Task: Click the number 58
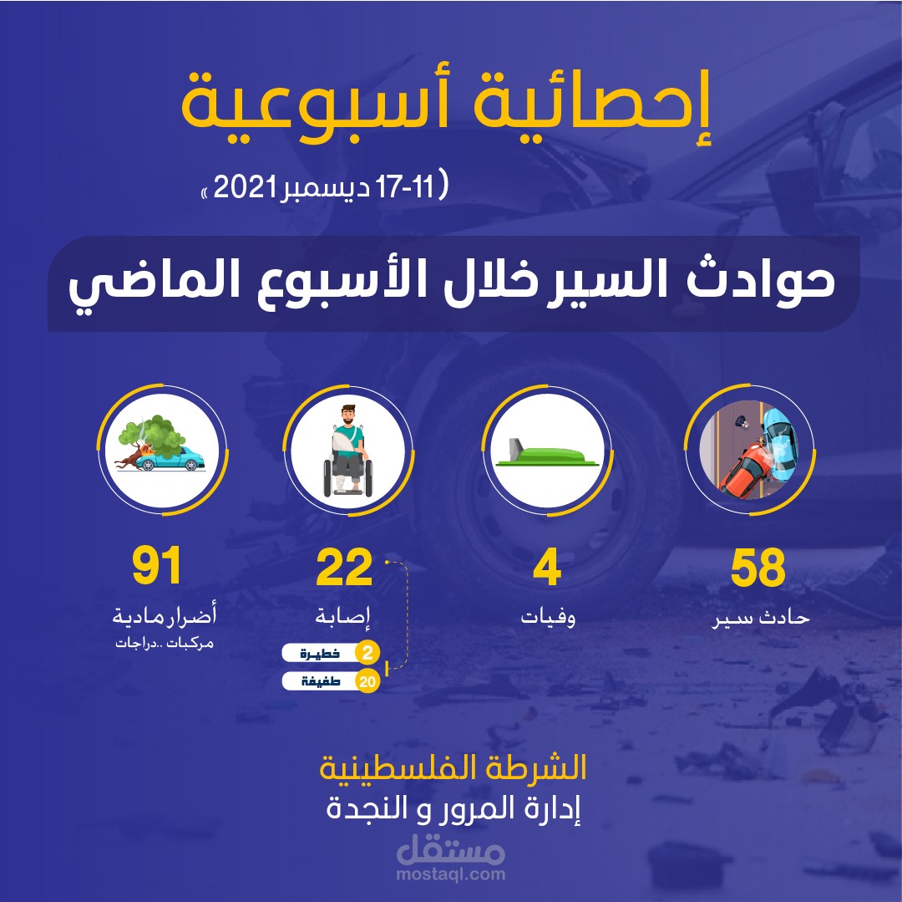tap(758, 568)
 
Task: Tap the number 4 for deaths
tap(547, 568)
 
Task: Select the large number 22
tap(344, 568)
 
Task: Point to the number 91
tap(157, 568)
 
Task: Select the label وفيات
tap(548, 619)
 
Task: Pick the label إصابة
tap(344, 619)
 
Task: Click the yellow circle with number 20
tap(366, 681)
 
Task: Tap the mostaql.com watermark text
tap(452, 874)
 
